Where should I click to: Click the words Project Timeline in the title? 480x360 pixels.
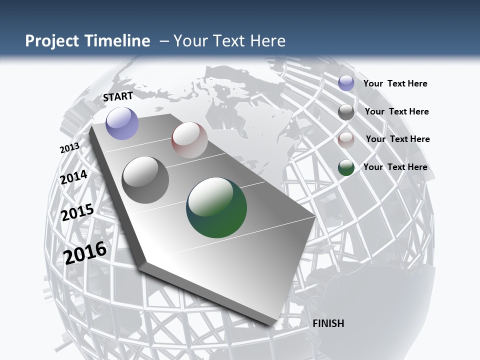(x=87, y=41)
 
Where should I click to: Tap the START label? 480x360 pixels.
(x=118, y=96)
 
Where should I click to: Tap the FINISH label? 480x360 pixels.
(x=328, y=323)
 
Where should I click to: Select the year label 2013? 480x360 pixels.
(x=69, y=148)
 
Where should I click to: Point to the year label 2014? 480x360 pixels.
(x=74, y=177)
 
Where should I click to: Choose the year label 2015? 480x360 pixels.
(x=77, y=212)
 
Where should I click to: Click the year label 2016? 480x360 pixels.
(x=85, y=252)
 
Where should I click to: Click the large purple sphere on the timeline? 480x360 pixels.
(x=122, y=123)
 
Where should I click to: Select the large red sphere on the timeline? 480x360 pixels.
(x=189, y=140)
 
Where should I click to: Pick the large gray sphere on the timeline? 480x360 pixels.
(x=145, y=180)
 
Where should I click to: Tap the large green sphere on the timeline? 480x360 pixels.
(x=216, y=207)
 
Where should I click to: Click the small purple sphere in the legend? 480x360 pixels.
(x=346, y=83)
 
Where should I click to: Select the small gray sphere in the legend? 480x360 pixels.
(x=346, y=112)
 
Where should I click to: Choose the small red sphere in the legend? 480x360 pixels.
(x=346, y=140)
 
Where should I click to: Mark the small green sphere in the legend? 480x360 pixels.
(x=346, y=167)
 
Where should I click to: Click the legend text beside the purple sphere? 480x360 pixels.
(x=395, y=83)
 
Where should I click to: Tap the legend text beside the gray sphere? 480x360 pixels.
(x=396, y=111)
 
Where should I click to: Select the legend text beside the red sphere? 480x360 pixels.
(x=397, y=139)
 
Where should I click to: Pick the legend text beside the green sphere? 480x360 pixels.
(x=395, y=167)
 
